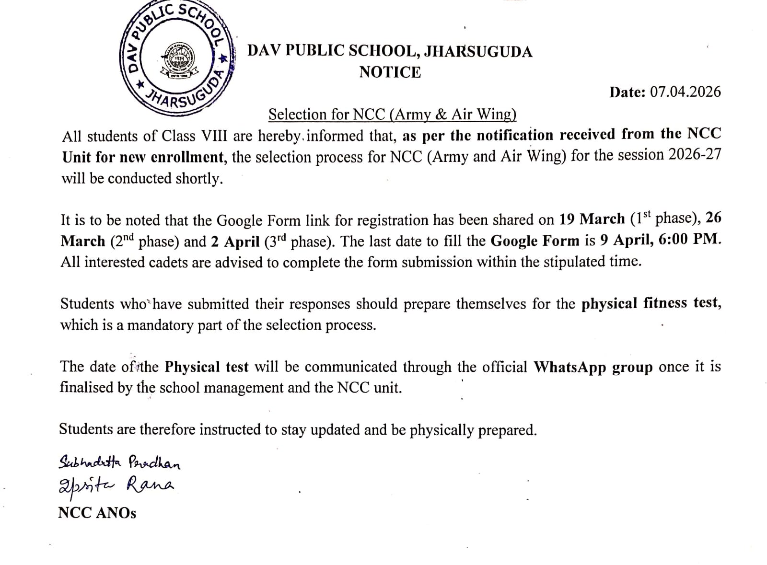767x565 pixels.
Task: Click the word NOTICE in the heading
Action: pyautogui.click(x=390, y=72)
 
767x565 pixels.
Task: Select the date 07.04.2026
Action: pyautogui.click(x=685, y=92)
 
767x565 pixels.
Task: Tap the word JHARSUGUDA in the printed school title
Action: pyautogui.click(x=478, y=51)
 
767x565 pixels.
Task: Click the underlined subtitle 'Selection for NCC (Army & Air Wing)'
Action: pyautogui.click(x=392, y=115)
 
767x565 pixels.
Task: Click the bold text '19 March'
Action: pyautogui.click(x=592, y=219)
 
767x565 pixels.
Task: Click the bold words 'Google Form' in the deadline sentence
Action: pyautogui.click(x=535, y=241)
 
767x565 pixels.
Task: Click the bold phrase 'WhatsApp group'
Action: pyautogui.click(x=593, y=368)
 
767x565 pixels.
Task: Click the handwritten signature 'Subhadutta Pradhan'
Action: pyautogui.click(x=119, y=462)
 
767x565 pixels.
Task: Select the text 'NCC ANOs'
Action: pyautogui.click(x=97, y=513)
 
